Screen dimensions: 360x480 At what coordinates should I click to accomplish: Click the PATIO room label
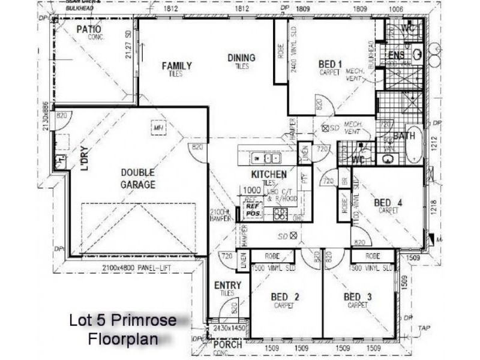(89, 29)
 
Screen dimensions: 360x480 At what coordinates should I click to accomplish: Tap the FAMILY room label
(177, 66)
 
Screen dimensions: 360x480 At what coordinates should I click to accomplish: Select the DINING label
(241, 58)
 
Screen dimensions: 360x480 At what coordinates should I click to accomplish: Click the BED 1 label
(330, 64)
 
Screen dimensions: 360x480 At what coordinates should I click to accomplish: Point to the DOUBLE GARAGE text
(138, 178)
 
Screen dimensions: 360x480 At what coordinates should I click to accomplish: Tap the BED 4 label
(388, 203)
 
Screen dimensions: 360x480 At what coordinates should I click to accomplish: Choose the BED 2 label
(285, 297)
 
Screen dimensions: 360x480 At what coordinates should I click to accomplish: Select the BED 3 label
(359, 297)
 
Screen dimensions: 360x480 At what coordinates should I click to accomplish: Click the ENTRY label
(227, 286)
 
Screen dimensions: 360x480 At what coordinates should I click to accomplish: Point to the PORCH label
(228, 344)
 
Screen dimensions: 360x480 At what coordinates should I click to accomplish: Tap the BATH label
(404, 136)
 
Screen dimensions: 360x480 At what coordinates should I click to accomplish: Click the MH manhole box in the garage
(158, 128)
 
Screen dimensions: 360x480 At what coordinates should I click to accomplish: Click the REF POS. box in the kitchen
(253, 212)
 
